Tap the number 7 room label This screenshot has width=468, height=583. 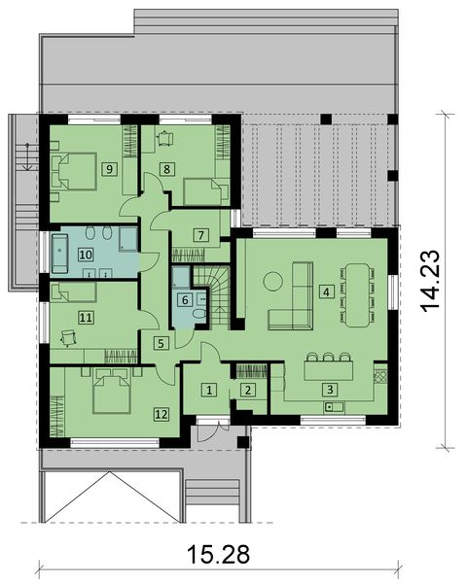tap(199, 234)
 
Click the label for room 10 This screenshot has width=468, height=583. tap(86, 254)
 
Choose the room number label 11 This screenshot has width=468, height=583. tap(86, 317)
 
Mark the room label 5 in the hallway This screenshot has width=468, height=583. tap(161, 342)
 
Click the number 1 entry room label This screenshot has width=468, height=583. tap(207, 390)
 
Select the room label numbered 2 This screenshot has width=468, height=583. tap(248, 390)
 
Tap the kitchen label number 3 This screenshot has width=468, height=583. tap(331, 389)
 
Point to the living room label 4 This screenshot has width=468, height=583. tap(327, 291)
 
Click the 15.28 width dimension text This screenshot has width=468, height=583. tap(220, 555)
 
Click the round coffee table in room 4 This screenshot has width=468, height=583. tap(273, 282)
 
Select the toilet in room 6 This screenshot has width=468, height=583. tap(198, 313)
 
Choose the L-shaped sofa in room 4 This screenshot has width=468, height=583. tap(289, 311)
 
